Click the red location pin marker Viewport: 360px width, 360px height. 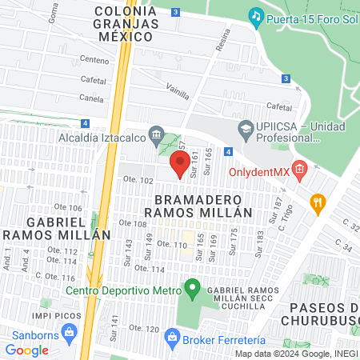point(179,164)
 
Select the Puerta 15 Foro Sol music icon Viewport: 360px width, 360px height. point(256,15)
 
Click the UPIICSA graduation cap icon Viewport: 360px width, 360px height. point(245,128)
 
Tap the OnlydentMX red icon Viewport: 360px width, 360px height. point(299,169)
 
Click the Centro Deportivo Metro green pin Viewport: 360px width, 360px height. point(192,287)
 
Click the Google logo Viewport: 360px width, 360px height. point(26,350)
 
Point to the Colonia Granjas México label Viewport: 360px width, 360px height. point(126,24)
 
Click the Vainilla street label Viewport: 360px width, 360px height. point(178,93)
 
